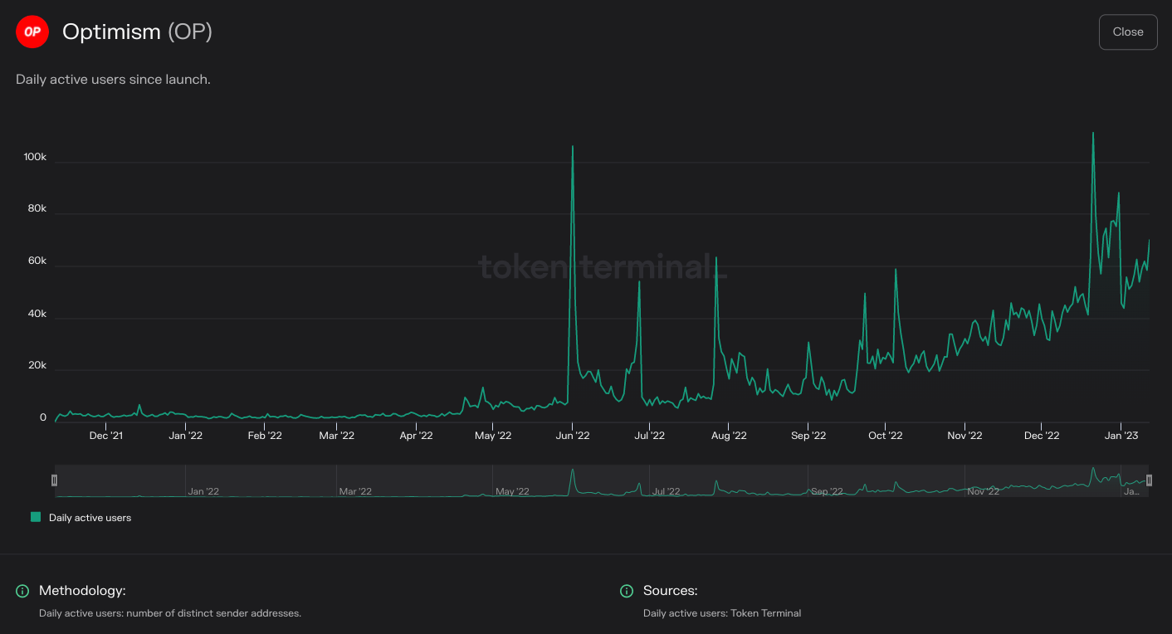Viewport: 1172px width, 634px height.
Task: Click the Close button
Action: pyautogui.click(x=1128, y=32)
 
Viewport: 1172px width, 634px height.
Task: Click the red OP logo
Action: pyautogui.click(x=32, y=32)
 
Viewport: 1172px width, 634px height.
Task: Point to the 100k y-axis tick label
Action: pyautogui.click(x=35, y=158)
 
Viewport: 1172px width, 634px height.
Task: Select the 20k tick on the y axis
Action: pyautogui.click(x=37, y=366)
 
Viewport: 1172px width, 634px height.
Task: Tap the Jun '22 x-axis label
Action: pyautogui.click(x=573, y=436)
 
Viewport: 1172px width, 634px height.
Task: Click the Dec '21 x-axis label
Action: pyautogui.click(x=106, y=436)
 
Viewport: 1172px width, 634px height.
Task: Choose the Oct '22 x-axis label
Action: pyautogui.click(x=885, y=436)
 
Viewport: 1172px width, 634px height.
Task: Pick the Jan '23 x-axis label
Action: pyautogui.click(x=1122, y=436)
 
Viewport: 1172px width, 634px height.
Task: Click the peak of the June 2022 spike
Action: pyautogui.click(x=573, y=147)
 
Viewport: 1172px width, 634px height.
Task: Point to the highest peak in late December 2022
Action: pyautogui.click(x=1093, y=134)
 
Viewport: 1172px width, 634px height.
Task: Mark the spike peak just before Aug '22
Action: pyautogui.click(x=716, y=258)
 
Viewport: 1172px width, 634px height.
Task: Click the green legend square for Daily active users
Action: pyautogui.click(x=36, y=517)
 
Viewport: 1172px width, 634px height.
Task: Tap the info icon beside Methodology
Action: pyautogui.click(x=22, y=591)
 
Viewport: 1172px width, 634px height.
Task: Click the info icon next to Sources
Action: pyautogui.click(x=627, y=591)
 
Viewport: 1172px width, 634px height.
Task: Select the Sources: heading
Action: pyautogui.click(x=670, y=591)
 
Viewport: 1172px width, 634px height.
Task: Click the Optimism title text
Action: pyautogui.click(x=111, y=32)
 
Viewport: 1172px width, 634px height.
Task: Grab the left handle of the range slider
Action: pyautogui.click(x=55, y=480)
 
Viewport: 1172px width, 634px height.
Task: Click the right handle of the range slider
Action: pyautogui.click(x=1149, y=480)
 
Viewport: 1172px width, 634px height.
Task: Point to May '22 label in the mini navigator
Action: pyautogui.click(x=512, y=491)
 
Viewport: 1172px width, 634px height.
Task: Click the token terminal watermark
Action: pyautogui.click(x=603, y=267)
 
